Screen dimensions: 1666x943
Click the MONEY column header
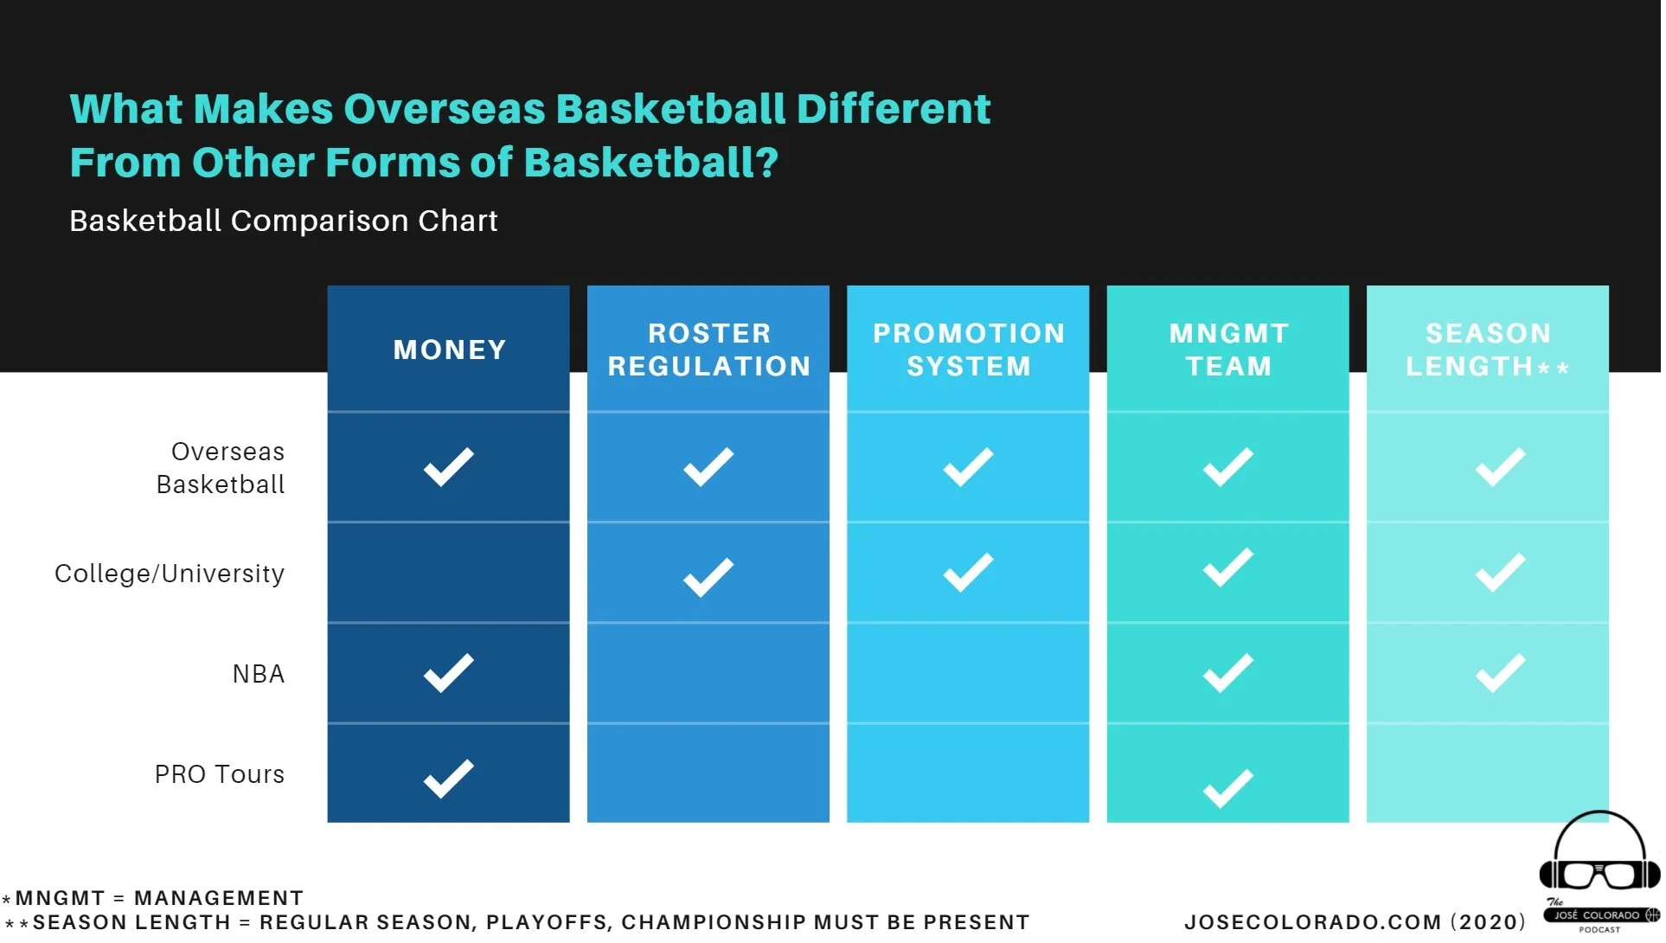click(x=451, y=350)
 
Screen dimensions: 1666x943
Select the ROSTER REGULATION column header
click(x=710, y=350)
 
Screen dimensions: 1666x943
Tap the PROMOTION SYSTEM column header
click(x=970, y=350)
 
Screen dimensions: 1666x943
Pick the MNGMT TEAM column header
click(x=1230, y=350)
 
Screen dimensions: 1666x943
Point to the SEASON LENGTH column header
click(x=1489, y=350)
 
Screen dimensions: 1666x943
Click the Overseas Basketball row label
click(x=221, y=468)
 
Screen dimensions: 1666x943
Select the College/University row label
click(x=170, y=574)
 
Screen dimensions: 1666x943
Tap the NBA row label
click(x=259, y=674)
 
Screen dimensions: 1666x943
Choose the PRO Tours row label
click(x=220, y=774)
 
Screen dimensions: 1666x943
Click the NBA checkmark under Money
click(x=449, y=673)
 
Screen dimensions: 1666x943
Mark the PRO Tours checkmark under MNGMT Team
click(x=1228, y=788)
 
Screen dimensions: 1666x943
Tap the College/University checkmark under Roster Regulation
click(x=708, y=577)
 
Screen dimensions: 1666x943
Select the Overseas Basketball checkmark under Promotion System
click(x=969, y=467)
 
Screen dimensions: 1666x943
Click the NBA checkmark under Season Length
click(x=1501, y=673)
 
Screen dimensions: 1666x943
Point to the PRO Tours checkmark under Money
click(x=449, y=779)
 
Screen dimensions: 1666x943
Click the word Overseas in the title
click(x=445, y=110)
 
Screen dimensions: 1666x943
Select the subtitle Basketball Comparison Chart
click(x=284, y=221)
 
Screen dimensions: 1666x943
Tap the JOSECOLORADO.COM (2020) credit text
click(x=1355, y=922)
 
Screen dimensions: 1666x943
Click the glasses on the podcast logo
click(x=1599, y=874)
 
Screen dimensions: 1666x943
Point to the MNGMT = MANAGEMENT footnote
click(x=153, y=898)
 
